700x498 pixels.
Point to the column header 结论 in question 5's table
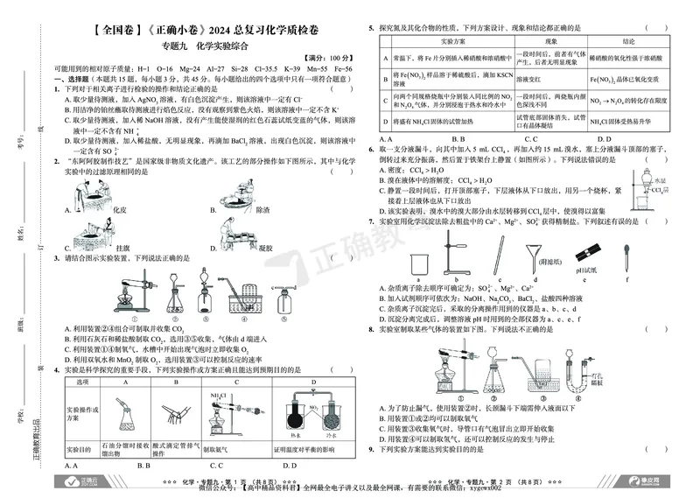click(628, 41)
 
